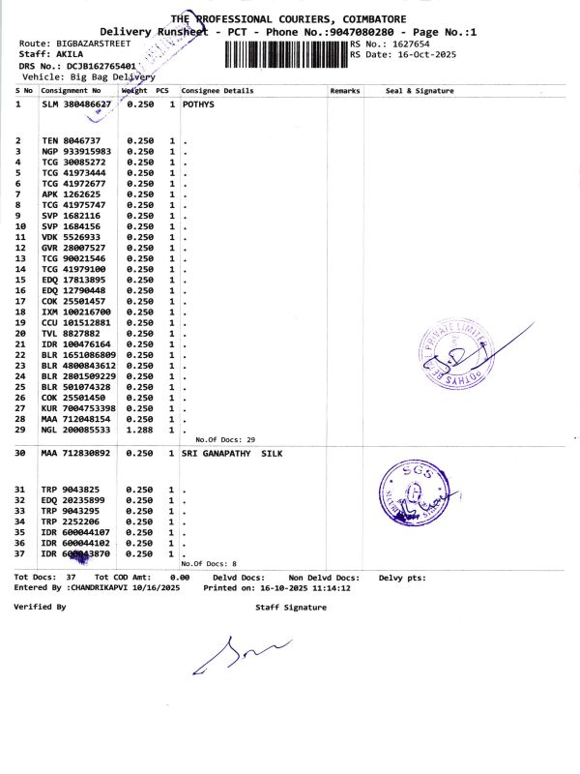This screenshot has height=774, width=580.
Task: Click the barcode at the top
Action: tap(285, 52)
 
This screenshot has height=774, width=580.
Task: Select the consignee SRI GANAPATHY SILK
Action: tap(232, 453)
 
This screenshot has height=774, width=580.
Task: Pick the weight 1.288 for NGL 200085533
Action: tap(141, 428)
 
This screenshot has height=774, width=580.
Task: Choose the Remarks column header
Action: tap(344, 91)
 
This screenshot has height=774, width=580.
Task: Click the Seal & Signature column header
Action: tap(419, 91)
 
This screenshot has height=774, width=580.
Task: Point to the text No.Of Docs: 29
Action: tap(224, 438)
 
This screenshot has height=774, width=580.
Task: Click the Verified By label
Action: tap(40, 607)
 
